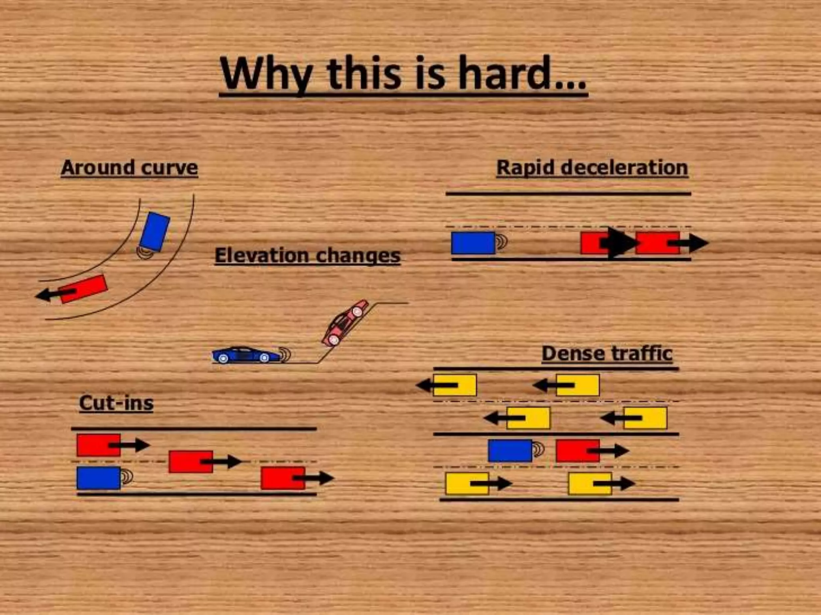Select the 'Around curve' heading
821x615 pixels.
(x=129, y=167)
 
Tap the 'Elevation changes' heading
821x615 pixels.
(x=307, y=255)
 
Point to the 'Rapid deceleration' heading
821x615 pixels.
(x=592, y=167)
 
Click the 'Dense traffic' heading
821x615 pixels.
(x=607, y=354)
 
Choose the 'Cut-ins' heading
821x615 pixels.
(x=116, y=403)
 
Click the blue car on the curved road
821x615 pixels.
(x=154, y=232)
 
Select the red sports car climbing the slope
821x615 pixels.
(x=345, y=323)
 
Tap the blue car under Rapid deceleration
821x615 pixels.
(x=473, y=243)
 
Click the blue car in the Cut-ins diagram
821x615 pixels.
(x=99, y=478)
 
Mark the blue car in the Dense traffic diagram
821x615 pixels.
(x=510, y=451)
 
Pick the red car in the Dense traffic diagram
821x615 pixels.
(x=577, y=451)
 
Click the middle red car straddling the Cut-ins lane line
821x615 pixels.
(x=191, y=462)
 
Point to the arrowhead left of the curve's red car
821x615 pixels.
(x=43, y=295)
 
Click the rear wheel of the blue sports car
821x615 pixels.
(x=223, y=358)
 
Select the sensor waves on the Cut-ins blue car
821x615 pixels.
(x=127, y=477)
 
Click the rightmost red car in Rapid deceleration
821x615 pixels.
(x=657, y=243)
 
